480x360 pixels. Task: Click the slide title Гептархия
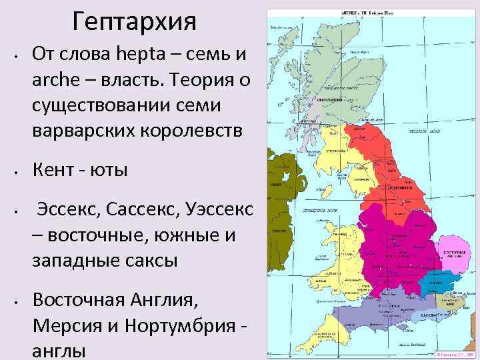point(135,21)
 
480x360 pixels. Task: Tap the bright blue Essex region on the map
point(437,283)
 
